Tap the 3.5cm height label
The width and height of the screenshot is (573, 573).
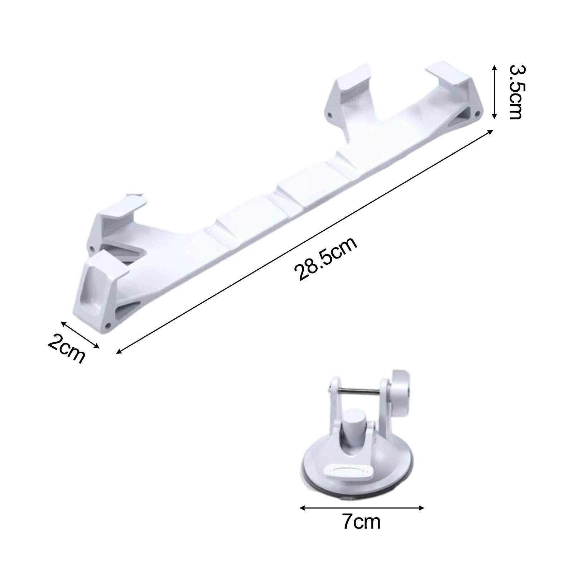516,92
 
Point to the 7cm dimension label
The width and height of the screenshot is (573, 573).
361,522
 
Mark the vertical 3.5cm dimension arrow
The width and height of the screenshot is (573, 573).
494,92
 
